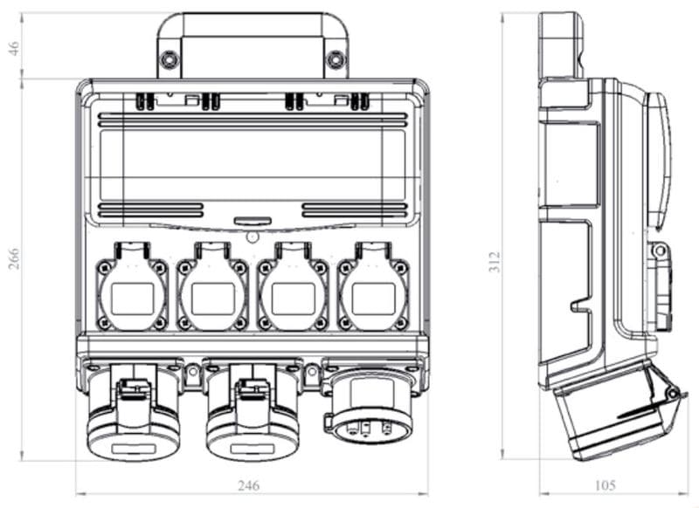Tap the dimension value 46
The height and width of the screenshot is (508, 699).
click(14, 49)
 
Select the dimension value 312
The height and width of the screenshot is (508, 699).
click(495, 261)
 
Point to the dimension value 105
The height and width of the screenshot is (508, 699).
click(604, 484)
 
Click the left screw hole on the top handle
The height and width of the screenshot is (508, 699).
click(170, 60)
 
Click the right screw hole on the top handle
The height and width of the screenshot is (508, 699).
click(336, 60)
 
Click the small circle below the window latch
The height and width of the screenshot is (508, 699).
click(253, 237)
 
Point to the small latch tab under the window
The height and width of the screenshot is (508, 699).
click(253, 223)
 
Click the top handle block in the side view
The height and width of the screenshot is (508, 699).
click(560, 44)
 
